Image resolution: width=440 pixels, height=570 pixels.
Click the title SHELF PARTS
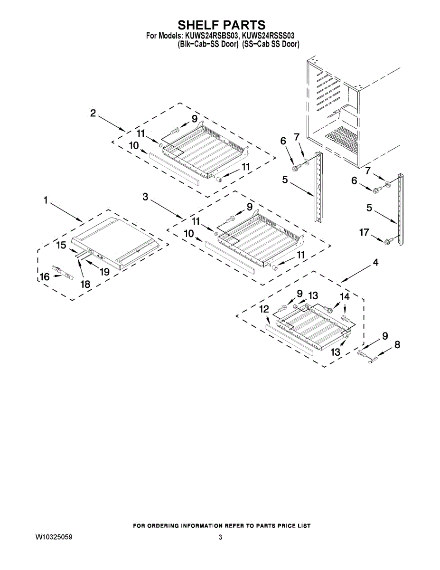point(221,25)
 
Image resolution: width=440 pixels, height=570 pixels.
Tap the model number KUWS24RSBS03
point(210,36)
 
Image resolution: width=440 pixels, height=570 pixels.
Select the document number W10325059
point(54,538)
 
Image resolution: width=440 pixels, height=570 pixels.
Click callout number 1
point(46,201)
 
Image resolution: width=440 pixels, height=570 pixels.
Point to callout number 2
point(93,113)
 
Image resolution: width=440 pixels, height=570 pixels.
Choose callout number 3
point(146,197)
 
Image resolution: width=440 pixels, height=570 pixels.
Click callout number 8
point(397,345)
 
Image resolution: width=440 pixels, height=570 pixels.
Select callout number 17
point(364,233)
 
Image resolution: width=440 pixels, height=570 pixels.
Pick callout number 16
point(44,276)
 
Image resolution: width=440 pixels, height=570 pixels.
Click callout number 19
point(104,271)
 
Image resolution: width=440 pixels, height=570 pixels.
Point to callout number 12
point(264,309)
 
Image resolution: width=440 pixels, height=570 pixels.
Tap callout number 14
point(345,296)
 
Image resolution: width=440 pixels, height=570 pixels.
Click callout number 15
point(62,245)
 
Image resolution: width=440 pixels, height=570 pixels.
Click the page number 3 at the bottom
point(220,538)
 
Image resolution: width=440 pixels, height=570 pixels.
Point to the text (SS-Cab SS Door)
point(271,44)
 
